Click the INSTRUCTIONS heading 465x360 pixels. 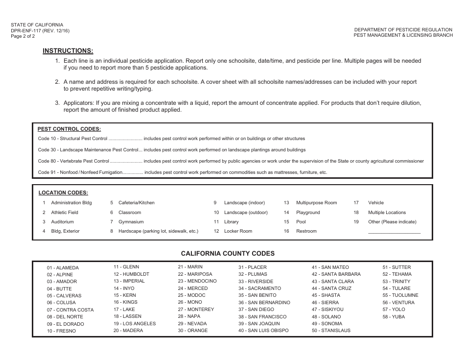coord(68,50)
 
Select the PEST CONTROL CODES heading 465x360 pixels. coord(69,129)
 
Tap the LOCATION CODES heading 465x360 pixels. coord(63,193)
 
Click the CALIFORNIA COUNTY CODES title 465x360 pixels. coord(228,254)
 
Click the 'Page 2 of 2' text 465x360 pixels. coord(23,36)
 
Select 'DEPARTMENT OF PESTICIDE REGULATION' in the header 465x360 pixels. coord(403,30)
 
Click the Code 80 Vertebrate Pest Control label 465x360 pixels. coord(73,161)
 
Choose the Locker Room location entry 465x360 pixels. coord(238,231)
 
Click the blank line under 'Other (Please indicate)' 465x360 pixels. coord(394,232)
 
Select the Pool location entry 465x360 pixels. coord(301,222)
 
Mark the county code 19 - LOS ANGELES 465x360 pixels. coord(135,324)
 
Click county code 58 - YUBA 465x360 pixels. coord(394,317)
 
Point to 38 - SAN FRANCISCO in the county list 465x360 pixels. coord(262,317)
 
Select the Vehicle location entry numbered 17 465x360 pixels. coord(375,203)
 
